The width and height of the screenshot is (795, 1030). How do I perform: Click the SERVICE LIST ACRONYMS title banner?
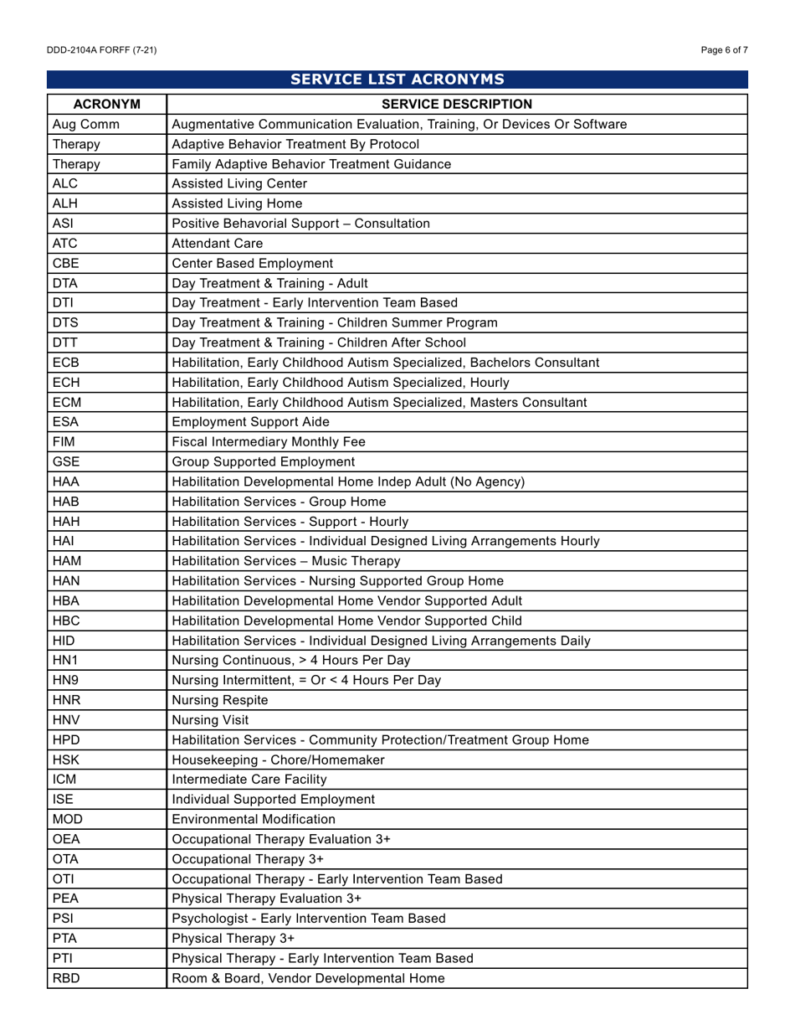[x=397, y=80]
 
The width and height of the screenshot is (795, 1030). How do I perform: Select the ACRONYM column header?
[x=106, y=104]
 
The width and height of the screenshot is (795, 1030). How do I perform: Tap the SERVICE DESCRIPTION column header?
[x=456, y=104]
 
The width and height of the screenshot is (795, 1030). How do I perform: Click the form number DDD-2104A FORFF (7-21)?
[x=101, y=50]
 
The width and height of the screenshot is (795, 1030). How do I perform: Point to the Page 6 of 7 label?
[x=724, y=50]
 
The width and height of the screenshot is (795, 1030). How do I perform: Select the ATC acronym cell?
[x=65, y=244]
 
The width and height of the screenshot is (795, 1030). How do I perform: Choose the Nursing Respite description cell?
[x=220, y=700]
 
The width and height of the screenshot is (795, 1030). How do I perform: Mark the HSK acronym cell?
[x=66, y=760]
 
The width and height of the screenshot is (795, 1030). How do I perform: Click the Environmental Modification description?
[x=254, y=819]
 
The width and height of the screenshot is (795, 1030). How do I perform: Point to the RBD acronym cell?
[x=66, y=978]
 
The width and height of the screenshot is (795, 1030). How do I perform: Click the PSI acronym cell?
[x=64, y=918]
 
